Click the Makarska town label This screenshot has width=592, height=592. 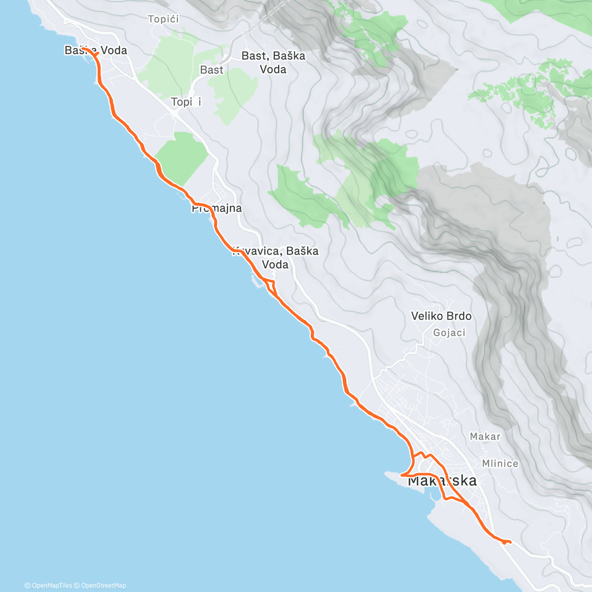coord(443,481)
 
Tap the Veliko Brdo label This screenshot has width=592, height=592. coord(441,316)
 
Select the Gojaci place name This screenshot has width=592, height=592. coord(449,333)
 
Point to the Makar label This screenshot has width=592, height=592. coord(485,437)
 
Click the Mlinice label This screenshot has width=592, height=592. coord(500,464)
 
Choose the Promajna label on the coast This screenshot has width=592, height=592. coord(217,208)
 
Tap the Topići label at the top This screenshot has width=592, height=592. coord(163,19)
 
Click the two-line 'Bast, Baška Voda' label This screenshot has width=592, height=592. coord(273,63)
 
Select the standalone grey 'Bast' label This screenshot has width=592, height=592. coord(212,70)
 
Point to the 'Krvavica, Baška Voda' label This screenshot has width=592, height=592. coord(276,258)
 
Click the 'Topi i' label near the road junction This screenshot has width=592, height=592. coord(186,102)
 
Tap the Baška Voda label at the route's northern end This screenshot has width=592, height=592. coord(96,50)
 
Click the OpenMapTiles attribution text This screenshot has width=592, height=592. coord(48,586)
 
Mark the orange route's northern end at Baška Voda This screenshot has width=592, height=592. coord(85,49)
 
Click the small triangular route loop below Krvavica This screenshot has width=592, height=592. coord(270,285)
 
